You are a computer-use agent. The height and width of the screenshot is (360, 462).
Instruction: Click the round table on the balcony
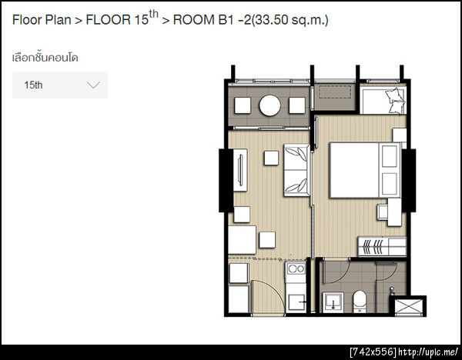[269, 105]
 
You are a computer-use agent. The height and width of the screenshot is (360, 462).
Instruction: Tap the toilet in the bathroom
[360, 301]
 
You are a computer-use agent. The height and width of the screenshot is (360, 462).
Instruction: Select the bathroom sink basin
[333, 302]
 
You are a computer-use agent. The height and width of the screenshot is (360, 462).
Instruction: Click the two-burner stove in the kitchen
[296, 268]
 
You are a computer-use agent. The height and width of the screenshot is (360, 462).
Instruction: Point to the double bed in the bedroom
[365, 170]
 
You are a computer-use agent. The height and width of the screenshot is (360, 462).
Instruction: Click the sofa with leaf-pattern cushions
[297, 170]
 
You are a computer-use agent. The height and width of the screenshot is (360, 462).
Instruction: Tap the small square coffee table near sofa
[271, 158]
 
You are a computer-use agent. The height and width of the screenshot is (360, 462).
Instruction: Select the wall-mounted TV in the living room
[240, 170]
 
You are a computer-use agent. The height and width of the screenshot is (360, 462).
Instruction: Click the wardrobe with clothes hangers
[382, 246]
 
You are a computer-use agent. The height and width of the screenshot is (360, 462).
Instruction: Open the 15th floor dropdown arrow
[94, 85]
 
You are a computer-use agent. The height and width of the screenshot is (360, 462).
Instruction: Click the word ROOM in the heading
[193, 20]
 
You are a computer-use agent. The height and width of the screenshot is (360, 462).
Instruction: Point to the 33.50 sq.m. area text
[290, 20]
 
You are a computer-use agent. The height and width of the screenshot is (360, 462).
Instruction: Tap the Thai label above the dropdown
[45, 58]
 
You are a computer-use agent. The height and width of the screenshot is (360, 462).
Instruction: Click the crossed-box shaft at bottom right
[408, 307]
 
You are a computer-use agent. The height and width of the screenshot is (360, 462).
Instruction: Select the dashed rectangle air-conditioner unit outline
[335, 92]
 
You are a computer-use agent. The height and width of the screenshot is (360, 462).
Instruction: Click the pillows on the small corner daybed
[394, 100]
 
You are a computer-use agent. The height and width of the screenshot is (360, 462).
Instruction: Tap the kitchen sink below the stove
[296, 302]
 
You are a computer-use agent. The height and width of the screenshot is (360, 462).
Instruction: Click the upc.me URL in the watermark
[428, 352]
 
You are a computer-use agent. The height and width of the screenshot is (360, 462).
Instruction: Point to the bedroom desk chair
[382, 212]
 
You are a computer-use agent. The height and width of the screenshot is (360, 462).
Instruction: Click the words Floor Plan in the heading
[42, 20]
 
